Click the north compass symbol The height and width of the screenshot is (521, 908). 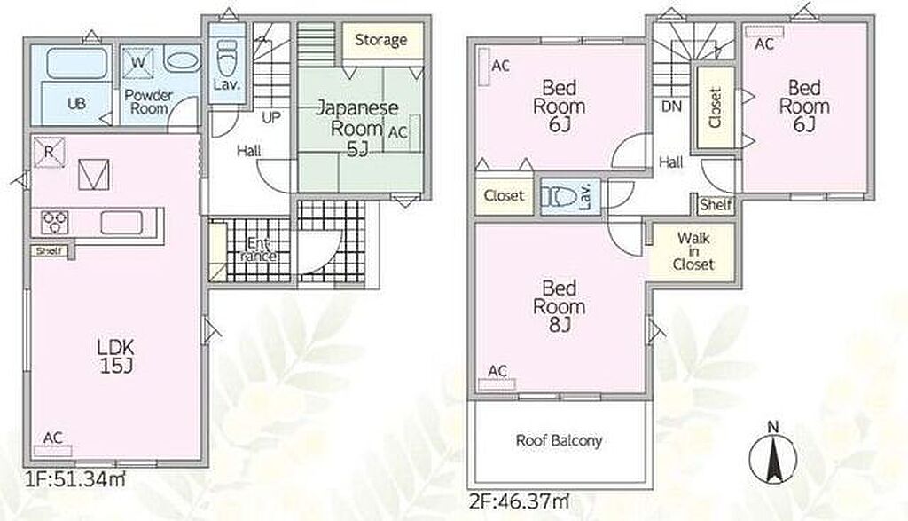click(772, 455)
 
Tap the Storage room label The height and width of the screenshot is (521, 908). click(380, 40)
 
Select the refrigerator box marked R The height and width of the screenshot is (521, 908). click(49, 153)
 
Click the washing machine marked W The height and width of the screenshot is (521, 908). click(137, 63)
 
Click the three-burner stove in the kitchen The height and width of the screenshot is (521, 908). click(55, 223)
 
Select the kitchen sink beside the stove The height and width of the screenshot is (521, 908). click(121, 223)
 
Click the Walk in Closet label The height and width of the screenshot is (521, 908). click(693, 251)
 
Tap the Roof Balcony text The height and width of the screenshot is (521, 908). click(559, 440)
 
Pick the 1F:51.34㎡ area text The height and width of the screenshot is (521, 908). click(74, 479)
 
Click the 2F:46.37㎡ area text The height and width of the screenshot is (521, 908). click(518, 500)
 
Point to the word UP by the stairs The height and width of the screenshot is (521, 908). click(271, 118)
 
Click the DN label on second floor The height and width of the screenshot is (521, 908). click(671, 107)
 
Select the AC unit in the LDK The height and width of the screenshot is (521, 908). click(52, 451)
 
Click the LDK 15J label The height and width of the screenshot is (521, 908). click(115, 357)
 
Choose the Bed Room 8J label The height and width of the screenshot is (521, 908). click(559, 306)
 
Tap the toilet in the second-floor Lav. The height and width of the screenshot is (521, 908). click(560, 197)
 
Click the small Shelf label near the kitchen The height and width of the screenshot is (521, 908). click(49, 251)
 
